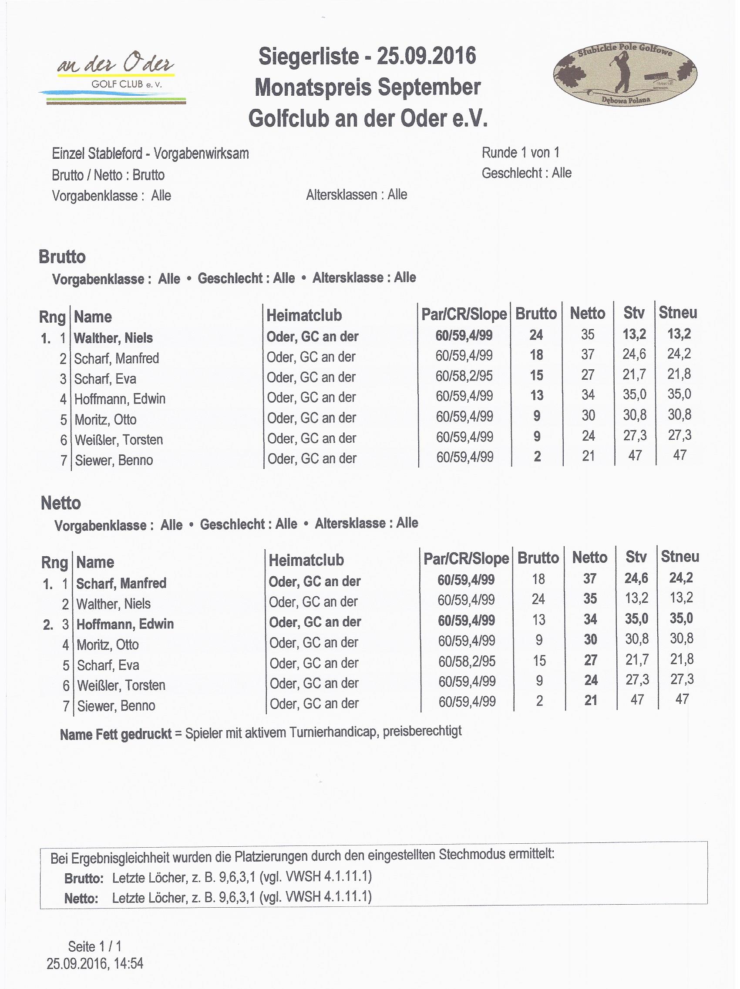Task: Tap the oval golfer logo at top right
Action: coord(625,74)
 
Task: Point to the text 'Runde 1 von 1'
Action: coord(520,153)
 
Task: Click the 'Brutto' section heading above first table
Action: coord(62,257)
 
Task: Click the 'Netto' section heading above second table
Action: coord(61,503)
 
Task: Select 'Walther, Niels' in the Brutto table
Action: coord(113,338)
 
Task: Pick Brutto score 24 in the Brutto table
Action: coord(536,335)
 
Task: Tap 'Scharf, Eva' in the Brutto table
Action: coord(105,379)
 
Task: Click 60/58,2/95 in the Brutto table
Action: coord(464,376)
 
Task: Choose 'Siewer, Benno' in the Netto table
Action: coord(116,706)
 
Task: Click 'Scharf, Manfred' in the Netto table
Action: coord(121,584)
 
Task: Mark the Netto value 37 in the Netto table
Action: coord(590,579)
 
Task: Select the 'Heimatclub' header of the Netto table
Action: coord(306,560)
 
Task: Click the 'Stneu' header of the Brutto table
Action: coord(678,313)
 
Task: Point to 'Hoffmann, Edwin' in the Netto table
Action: coord(125,624)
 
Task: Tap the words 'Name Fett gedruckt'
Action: coord(116,735)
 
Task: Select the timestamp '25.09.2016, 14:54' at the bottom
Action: coord(95,963)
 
